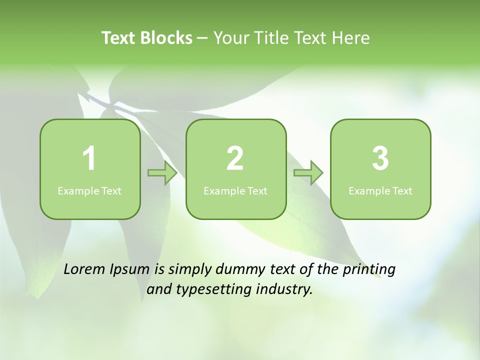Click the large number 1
89,158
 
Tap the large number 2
235,158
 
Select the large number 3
380,158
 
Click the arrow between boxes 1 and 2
162,173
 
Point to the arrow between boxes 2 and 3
308,173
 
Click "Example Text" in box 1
89,190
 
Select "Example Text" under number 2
235,190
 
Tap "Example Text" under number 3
380,190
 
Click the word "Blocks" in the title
166,38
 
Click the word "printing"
369,269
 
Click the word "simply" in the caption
188,269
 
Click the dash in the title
202,38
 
